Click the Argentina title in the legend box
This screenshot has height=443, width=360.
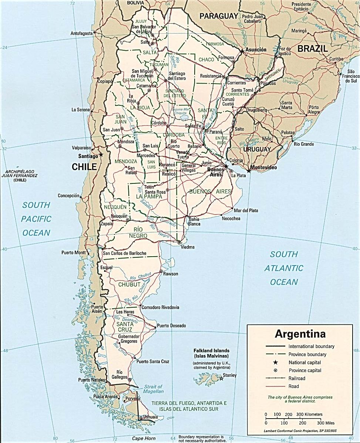tap(300, 334)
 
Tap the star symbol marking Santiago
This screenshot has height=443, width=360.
tap(101, 155)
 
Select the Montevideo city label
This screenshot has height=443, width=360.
tap(263, 168)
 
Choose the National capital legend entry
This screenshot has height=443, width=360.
tap(305, 362)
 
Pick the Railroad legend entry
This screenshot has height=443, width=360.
tap(297, 378)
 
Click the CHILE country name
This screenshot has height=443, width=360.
tap(84, 167)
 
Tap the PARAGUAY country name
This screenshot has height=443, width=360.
tap(218, 16)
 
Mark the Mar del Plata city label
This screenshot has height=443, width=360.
tap(246, 210)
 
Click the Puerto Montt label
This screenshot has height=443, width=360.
tap(74, 253)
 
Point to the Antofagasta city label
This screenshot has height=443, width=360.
tap(81, 33)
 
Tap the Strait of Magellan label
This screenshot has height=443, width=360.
tap(154, 389)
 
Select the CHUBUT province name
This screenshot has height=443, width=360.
tap(129, 284)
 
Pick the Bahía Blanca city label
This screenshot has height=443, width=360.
tap(194, 221)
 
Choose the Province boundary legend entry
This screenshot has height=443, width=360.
tap(307, 354)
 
